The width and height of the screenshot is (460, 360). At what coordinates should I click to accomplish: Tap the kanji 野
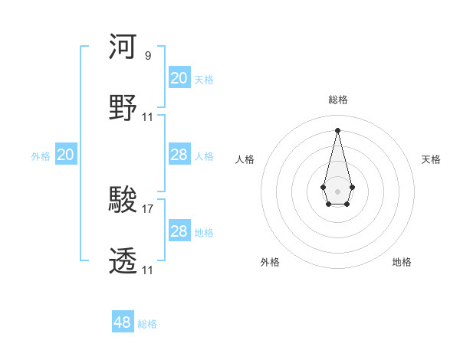click(123, 107)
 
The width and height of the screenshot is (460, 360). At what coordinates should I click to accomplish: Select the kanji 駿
click(123, 200)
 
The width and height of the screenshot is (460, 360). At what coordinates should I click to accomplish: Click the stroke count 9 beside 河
click(147, 56)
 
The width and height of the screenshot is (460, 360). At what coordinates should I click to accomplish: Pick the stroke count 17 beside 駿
click(148, 208)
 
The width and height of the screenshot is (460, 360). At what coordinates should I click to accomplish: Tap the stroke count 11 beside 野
click(148, 117)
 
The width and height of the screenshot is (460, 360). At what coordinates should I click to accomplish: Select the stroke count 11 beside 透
click(148, 270)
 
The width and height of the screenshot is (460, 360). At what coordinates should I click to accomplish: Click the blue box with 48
click(123, 322)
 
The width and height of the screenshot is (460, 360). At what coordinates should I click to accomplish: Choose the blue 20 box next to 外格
click(66, 155)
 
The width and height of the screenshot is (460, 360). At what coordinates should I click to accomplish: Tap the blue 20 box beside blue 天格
click(179, 78)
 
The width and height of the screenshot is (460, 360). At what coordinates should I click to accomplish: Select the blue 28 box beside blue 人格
click(179, 155)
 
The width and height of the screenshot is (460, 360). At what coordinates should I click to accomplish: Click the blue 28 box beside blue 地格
click(179, 231)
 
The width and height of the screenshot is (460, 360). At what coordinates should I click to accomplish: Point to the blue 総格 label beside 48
click(147, 324)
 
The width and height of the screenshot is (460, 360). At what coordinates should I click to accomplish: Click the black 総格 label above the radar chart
click(337, 100)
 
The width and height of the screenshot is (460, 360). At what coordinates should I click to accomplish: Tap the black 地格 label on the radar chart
click(402, 262)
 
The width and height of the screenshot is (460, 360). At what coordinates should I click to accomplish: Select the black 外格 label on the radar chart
click(270, 262)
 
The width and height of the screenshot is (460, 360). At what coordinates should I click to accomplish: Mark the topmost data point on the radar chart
click(337, 129)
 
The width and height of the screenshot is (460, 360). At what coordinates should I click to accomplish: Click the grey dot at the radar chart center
click(337, 190)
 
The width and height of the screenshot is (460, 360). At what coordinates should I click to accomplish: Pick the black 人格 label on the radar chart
click(245, 159)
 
